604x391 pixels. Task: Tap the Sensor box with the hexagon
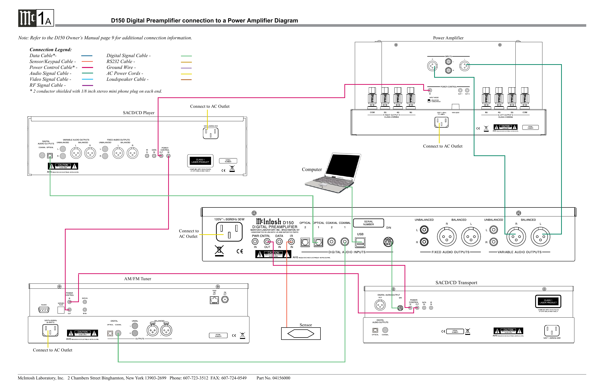pyautogui.click(x=301, y=333)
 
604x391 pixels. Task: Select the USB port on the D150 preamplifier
pyautogui.click(x=360, y=242)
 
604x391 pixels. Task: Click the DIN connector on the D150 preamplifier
pyautogui.click(x=388, y=242)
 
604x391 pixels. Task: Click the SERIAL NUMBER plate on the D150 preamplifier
pyautogui.click(x=368, y=223)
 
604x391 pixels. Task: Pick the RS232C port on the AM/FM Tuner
pyautogui.click(x=44, y=310)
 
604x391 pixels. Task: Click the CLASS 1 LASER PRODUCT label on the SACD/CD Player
pyautogui.click(x=200, y=161)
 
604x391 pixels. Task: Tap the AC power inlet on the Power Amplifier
pyautogui.click(x=441, y=122)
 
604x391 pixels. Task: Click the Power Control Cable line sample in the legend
pyautogui.click(x=87, y=67)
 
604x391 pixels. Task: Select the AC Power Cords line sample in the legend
pyautogui.click(x=186, y=74)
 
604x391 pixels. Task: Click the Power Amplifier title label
pyautogui.click(x=448, y=38)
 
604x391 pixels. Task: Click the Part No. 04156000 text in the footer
pyautogui.click(x=273, y=378)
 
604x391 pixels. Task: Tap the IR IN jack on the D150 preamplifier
pyautogui.click(x=291, y=241)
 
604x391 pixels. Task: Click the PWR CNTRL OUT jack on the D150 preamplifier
pyautogui.click(x=267, y=241)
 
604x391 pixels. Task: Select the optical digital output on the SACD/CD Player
pyautogui.click(x=50, y=156)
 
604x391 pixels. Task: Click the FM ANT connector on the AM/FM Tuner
pyautogui.click(x=225, y=300)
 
